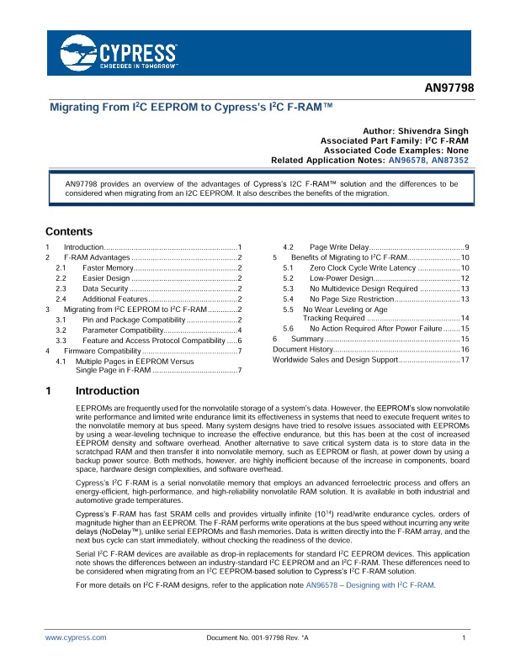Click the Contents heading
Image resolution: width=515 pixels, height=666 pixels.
click(69, 231)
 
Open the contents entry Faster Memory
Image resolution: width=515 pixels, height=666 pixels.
click(107, 267)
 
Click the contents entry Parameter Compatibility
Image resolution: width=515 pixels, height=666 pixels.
click(121, 332)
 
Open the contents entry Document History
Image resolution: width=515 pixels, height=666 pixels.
click(304, 348)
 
